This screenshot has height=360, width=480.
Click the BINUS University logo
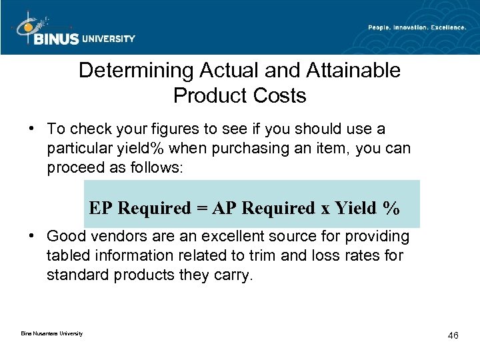(73, 30)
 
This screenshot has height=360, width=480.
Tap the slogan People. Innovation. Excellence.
(417, 27)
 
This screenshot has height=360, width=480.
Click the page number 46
(453, 335)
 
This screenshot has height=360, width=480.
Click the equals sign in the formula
(201, 209)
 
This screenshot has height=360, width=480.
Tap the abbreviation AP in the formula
(225, 209)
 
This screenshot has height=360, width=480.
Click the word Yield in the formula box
(355, 209)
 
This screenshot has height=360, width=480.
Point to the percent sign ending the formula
(391, 209)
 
